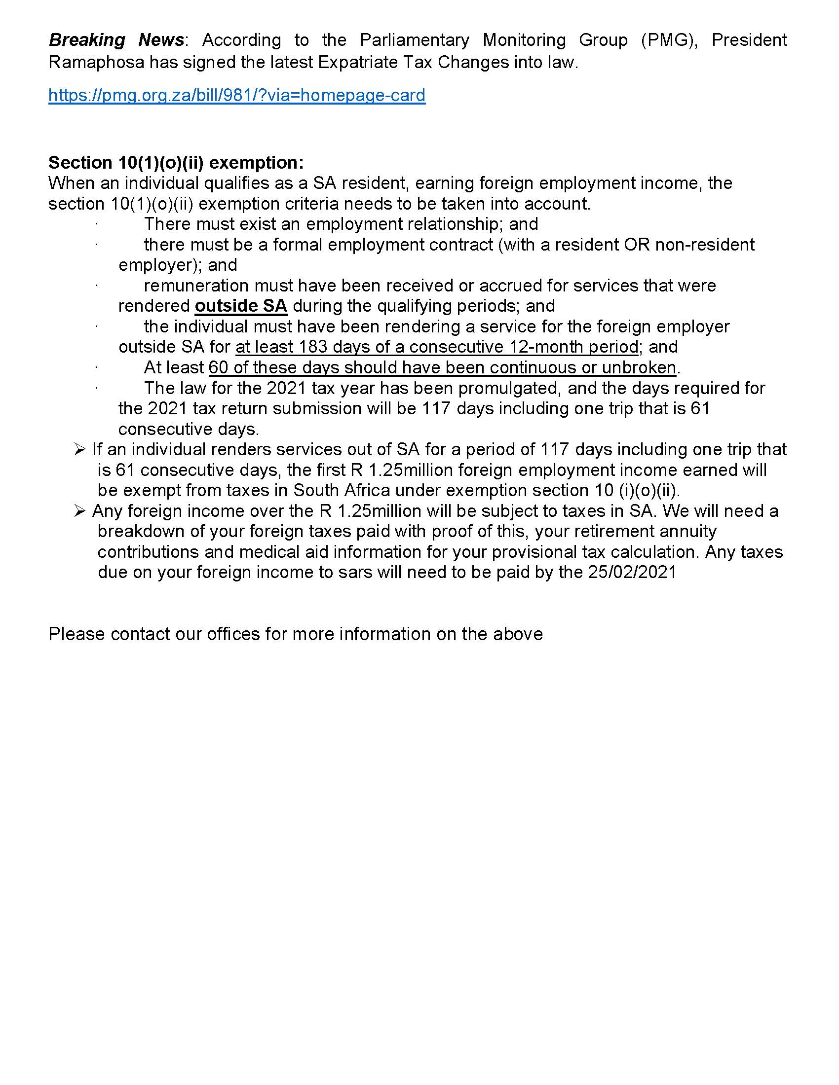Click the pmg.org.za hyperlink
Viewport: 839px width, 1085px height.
[236, 95]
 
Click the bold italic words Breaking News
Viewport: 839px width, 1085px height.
[116, 40]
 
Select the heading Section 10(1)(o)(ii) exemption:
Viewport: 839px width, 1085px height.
[176, 162]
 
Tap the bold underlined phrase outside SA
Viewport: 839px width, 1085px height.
[241, 306]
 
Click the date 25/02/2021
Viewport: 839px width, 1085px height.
[632, 572]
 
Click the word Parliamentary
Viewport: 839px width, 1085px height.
[415, 40]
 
